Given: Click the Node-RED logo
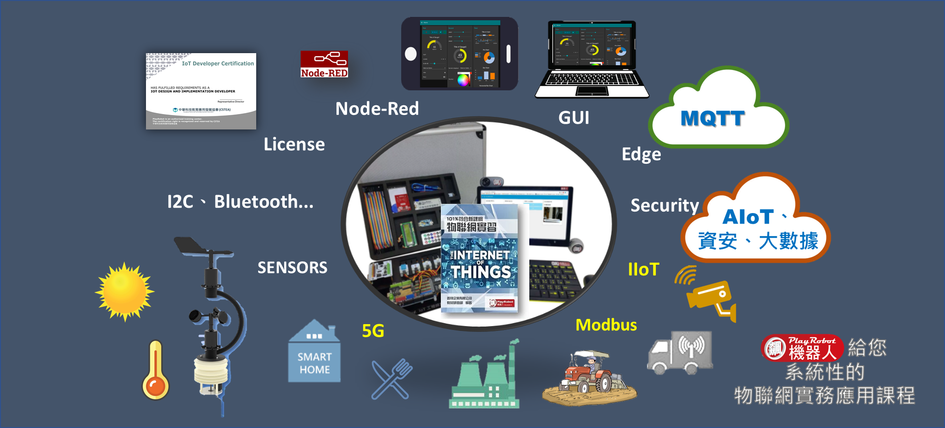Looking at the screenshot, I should [x=324, y=64].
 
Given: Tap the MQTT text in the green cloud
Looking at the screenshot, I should [x=712, y=118].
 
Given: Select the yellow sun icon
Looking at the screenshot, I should [x=124, y=291].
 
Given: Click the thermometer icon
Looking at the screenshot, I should [x=155, y=371].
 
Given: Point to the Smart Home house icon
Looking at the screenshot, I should [x=314, y=352].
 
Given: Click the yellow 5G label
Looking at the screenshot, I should [x=373, y=331].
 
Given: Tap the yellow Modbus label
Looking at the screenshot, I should [x=606, y=325].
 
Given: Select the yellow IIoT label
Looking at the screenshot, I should [x=643, y=270].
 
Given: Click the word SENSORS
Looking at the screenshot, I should [x=292, y=268].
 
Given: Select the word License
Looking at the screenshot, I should [x=294, y=144].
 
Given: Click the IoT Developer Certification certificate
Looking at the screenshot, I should [x=201, y=91].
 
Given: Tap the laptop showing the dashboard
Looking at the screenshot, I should [x=592, y=59].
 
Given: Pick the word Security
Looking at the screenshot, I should [x=665, y=206].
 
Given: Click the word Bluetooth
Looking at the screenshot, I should [x=263, y=202].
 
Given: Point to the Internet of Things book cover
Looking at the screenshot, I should [x=480, y=258].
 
